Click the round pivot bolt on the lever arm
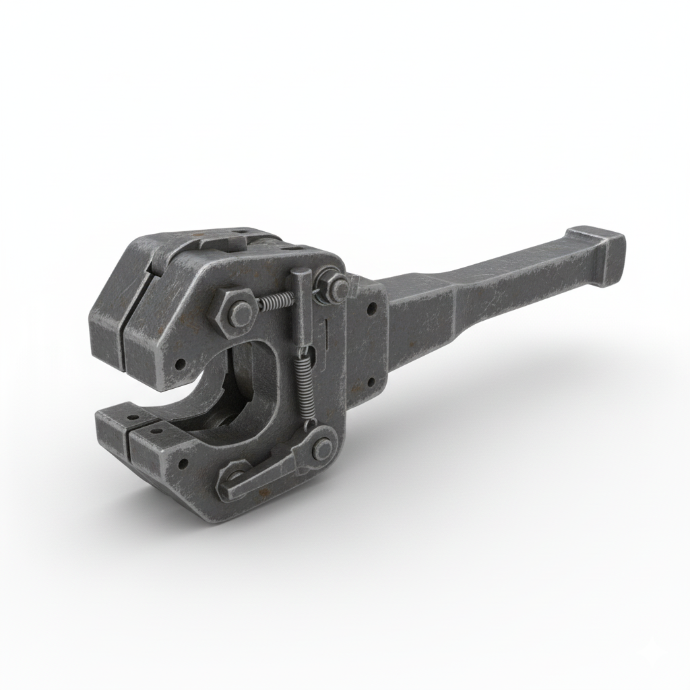click(322, 448)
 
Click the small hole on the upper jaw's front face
click(179, 365)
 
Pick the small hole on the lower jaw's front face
click(182, 464)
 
